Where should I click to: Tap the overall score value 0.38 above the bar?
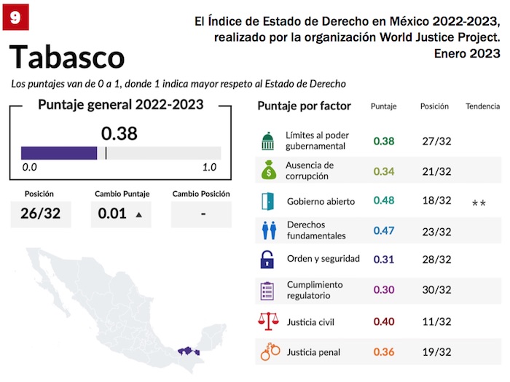click(119, 133)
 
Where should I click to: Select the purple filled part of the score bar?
click(58, 152)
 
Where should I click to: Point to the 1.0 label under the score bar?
click(210, 168)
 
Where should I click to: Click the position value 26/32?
click(41, 214)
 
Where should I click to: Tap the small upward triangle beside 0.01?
click(138, 215)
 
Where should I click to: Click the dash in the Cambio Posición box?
click(203, 214)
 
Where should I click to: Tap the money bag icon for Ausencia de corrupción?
click(268, 171)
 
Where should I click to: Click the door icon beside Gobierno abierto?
click(268, 201)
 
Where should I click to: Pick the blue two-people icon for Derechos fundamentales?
click(268, 231)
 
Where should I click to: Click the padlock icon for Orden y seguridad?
click(268, 259)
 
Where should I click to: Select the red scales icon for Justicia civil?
click(268, 321)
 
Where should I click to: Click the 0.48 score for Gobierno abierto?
click(384, 201)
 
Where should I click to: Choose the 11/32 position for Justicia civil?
click(436, 321)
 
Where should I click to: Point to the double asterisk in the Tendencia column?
click(479, 202)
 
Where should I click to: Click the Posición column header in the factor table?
click(434, 106)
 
